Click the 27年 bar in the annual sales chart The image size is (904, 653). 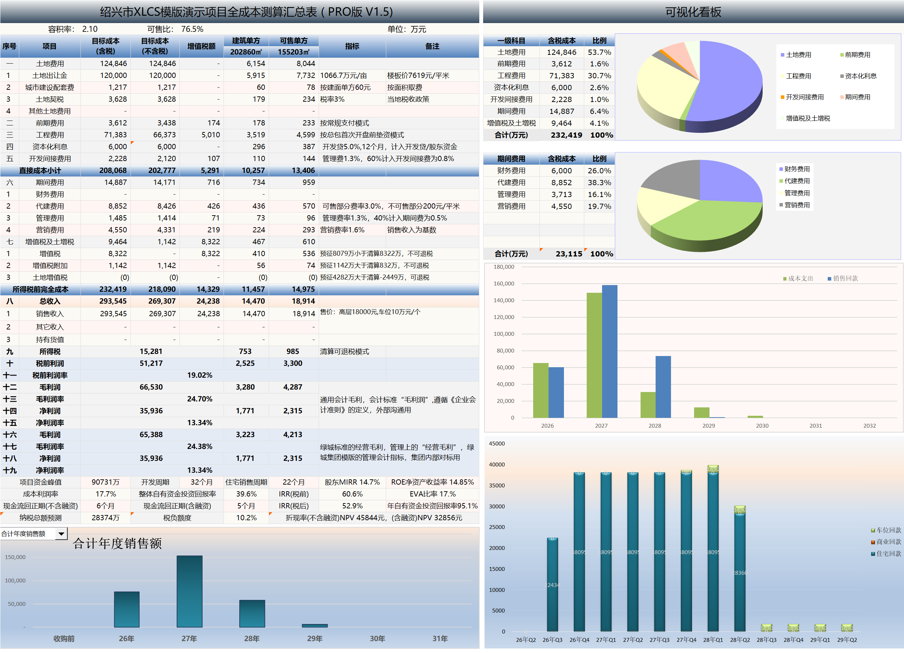(189, 592)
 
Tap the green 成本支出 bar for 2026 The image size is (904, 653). (541, 390)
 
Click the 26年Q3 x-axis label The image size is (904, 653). (552, 640)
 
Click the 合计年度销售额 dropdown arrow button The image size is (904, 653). (61, 534)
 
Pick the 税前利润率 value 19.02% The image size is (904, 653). (199, 375)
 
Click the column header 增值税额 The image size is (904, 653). (201, 46)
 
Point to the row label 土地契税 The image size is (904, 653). (49, 99)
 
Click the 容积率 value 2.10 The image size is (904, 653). (90, 29)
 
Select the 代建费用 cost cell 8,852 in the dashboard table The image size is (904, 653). (561, 182)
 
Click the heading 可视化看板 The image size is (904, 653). (693, 12)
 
